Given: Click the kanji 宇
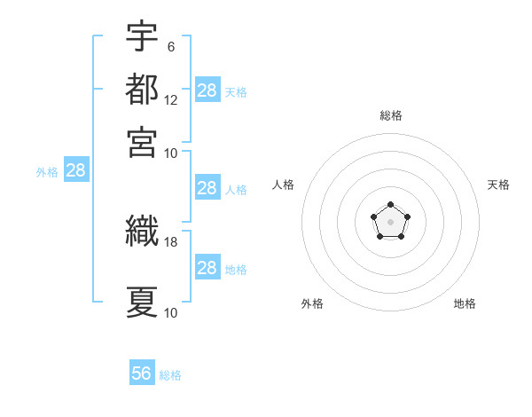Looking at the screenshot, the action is [x=142, y=35].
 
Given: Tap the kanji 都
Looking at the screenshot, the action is [x=142, y=89].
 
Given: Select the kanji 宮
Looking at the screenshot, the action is [x=142, y=142].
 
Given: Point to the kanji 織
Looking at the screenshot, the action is [x=142, y=231].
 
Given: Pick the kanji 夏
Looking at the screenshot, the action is [x=142, y=302].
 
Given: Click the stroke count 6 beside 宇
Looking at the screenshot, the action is [x=171, y=47].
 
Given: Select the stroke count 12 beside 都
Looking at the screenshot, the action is [x=170, y=100].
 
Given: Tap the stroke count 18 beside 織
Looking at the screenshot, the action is [x=170, y=242].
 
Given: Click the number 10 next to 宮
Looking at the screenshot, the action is [x=170, y=153].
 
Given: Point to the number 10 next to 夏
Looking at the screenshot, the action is [x=170, y=313].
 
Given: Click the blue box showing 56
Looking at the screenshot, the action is [x=142, y=372].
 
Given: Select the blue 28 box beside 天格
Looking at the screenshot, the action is [x=207, y=90].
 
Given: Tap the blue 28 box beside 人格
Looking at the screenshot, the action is [x=207, y=187].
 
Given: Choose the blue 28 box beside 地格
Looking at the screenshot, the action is [x=207, y=266].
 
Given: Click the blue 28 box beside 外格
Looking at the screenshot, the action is [x=76, y=169].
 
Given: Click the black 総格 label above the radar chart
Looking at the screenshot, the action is [x=391, y=115].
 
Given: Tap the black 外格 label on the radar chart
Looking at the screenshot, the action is [x=312, y=303].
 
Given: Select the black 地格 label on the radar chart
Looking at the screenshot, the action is [x=465, y=303].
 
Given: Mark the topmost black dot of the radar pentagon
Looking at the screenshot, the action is [x=390, y=204].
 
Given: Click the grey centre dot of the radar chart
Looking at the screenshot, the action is [x=390, y=222].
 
